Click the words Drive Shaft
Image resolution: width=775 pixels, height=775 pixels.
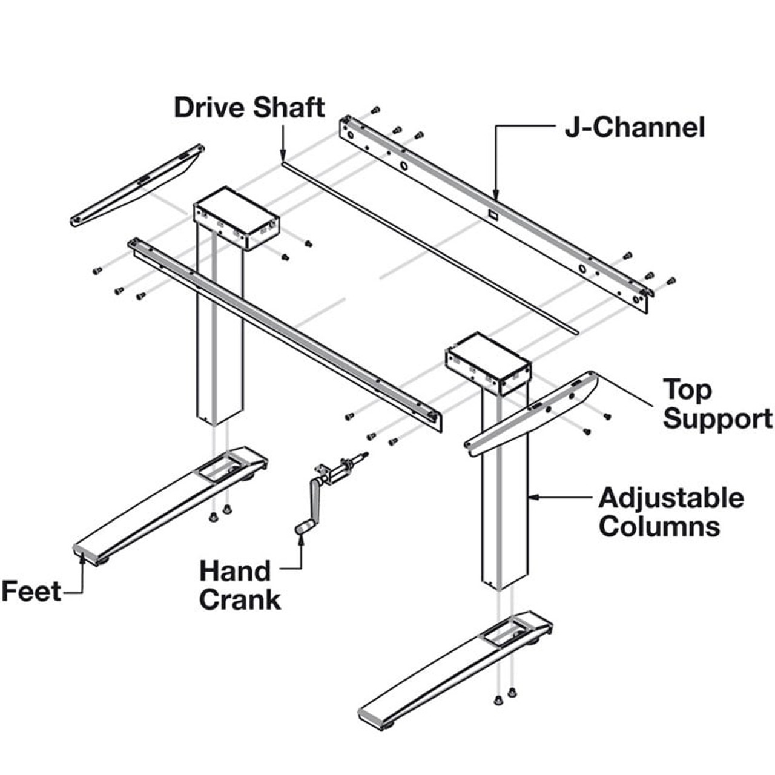coord(249,108)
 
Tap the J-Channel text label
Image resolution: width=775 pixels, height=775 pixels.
coord(635,128)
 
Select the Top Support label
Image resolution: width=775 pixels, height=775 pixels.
coord(717,404)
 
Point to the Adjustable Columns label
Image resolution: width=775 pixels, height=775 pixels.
coord(671,512)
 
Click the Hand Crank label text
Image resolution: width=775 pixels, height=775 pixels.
coord(240,585)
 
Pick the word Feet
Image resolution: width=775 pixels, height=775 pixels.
coord(31,591)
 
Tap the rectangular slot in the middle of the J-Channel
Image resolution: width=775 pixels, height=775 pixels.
coord(492,214)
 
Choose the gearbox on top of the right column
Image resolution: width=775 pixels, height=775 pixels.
coord(488,362)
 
